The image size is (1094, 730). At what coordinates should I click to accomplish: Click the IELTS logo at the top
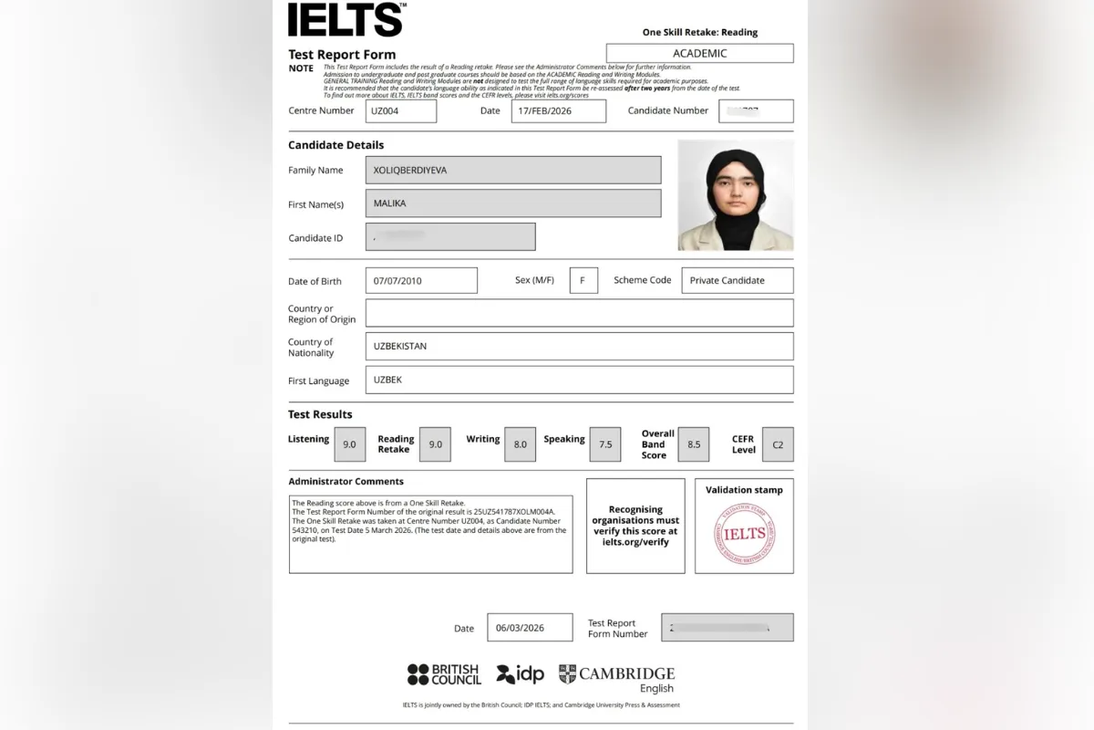pos(346,20)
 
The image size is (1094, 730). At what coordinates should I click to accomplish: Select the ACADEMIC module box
pos(699,54)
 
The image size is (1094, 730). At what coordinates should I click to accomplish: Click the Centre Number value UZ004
pos(401,111)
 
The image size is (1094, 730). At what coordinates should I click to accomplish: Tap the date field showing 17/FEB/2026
pos(558,111)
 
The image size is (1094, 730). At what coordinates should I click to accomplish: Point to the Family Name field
pos(513,170)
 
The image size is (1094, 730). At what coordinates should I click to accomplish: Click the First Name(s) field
pos(513,203)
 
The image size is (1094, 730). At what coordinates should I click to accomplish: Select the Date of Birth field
pos(421,281)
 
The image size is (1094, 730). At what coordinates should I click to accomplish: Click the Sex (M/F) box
pos(583,281)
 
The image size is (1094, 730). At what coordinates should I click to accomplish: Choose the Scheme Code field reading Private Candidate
pos(737,281)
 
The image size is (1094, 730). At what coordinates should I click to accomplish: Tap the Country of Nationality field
pos(579,347)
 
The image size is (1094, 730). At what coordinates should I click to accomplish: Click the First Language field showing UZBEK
pos(579,380)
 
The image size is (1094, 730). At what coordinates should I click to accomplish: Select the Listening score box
pos(350,444)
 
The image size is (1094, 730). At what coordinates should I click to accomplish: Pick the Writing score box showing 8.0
pos(520,444)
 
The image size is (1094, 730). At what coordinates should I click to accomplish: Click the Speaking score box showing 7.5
pos(605,444)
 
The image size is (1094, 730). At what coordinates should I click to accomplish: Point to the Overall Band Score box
pos(694,444)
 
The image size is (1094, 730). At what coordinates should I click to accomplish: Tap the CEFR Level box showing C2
pos(778,444)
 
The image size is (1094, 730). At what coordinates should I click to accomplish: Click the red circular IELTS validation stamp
pos(744,534)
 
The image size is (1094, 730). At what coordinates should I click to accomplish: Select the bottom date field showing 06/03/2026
pos(530,628)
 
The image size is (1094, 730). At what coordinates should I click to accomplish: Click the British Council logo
pos(444,674)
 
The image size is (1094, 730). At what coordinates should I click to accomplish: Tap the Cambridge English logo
pos(617,678)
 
